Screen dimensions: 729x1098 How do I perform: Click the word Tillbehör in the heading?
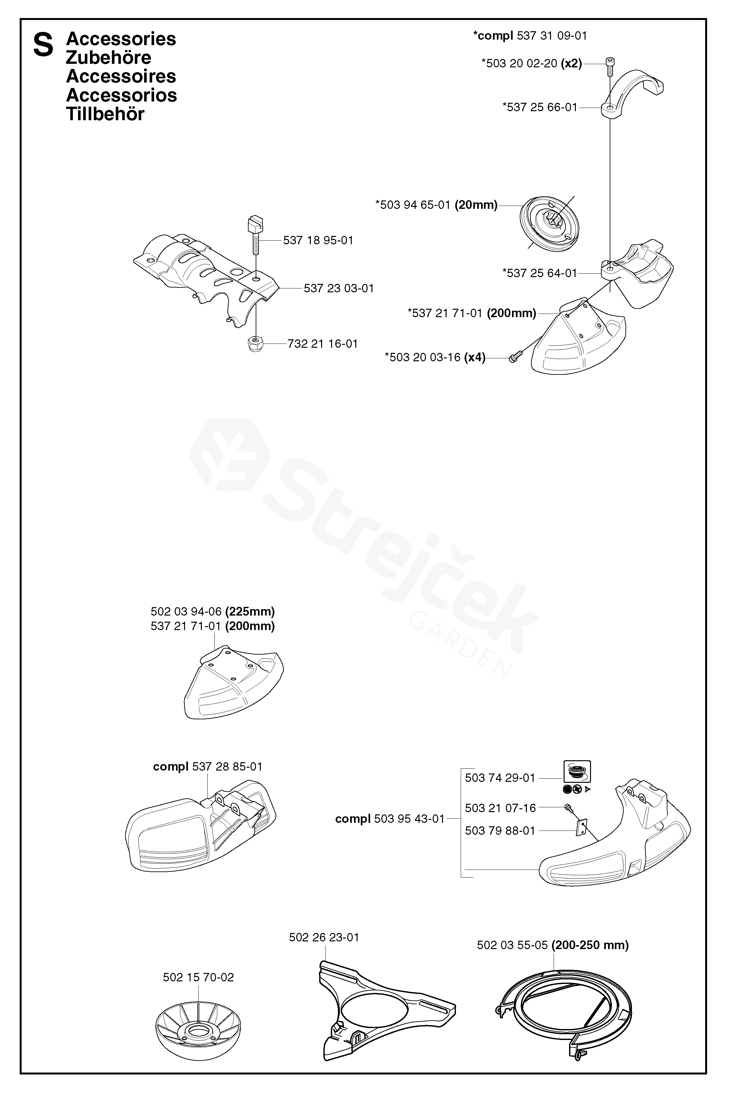click(x=105, y=114)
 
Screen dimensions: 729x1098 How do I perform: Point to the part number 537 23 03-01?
click(x=339, y=288)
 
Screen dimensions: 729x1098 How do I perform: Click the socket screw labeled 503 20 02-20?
click(x=609, y=65)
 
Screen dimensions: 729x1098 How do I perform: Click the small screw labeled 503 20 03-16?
click(x=513, y=357)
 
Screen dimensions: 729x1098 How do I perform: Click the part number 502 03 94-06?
click(x=186, y=611)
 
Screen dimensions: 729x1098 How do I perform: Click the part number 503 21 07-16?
click(x=500, y=808)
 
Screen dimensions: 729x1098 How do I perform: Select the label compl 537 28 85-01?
click(x=208, y=766)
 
